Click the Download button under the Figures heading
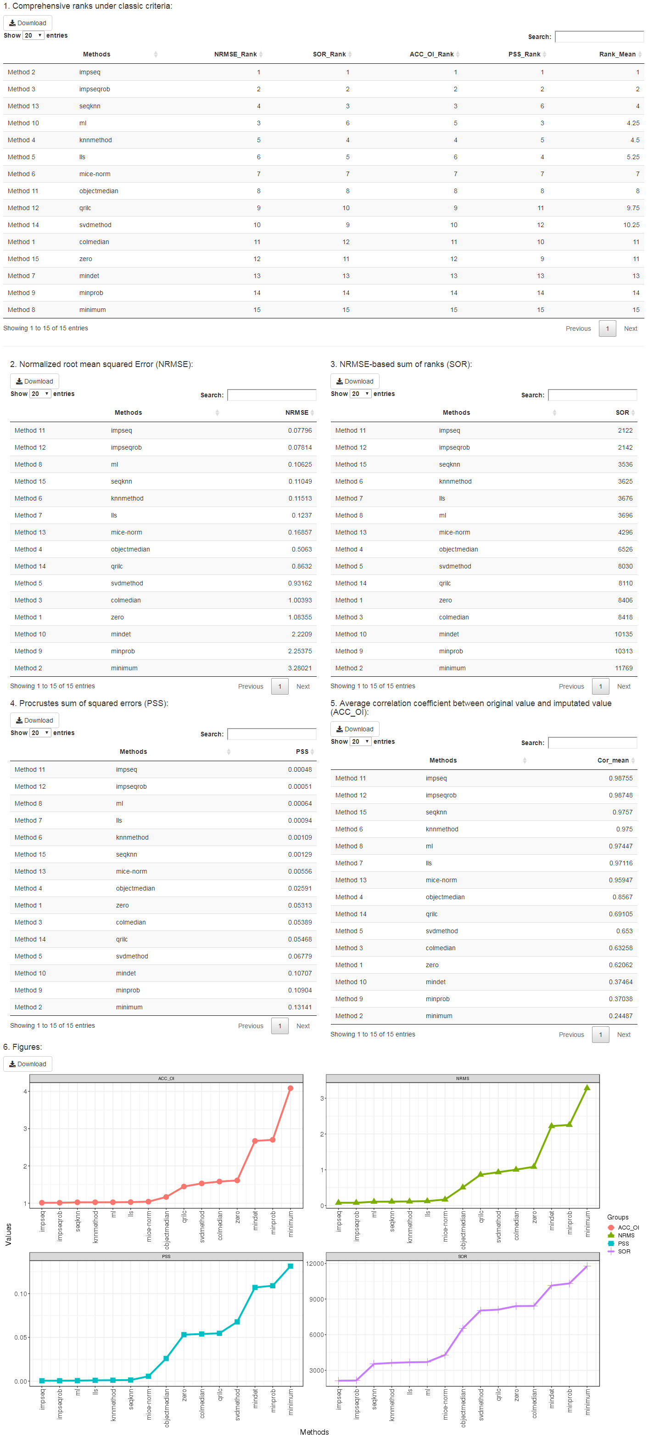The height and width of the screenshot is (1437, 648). pos(28,1064)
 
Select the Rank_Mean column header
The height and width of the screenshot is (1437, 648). pos(617,54)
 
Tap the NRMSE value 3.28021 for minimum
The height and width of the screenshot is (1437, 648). pos(300,668)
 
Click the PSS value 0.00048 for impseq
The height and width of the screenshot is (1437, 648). pos(300,769)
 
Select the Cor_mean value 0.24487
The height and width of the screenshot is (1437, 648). pos(620,1016)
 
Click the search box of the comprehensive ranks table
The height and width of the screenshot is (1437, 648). pos(599,37)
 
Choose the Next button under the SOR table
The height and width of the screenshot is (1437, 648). pos(623,686)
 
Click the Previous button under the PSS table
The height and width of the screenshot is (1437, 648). pos(250,1026)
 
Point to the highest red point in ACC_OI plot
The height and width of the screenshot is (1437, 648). pos(290,1088)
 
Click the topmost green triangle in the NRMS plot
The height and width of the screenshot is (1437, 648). pos(587,1088)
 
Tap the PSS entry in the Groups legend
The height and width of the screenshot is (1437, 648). pos(623,1243)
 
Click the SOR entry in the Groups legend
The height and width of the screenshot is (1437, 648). pos(623,1251)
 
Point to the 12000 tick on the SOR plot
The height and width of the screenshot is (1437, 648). pos(315,1264)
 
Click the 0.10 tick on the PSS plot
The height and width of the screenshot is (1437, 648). pos(21,1294)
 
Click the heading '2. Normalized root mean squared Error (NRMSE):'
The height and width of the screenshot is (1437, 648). pos(101,364)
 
